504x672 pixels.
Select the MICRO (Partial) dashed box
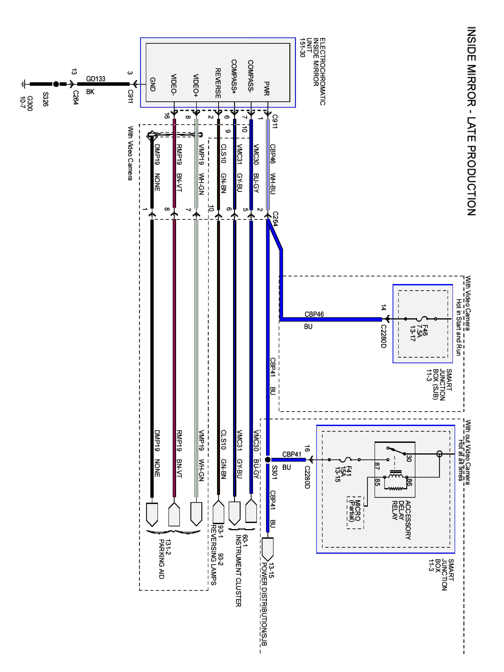coord(355,513)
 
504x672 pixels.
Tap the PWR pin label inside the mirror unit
coord(266,88)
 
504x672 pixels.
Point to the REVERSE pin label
coord(218,83)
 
